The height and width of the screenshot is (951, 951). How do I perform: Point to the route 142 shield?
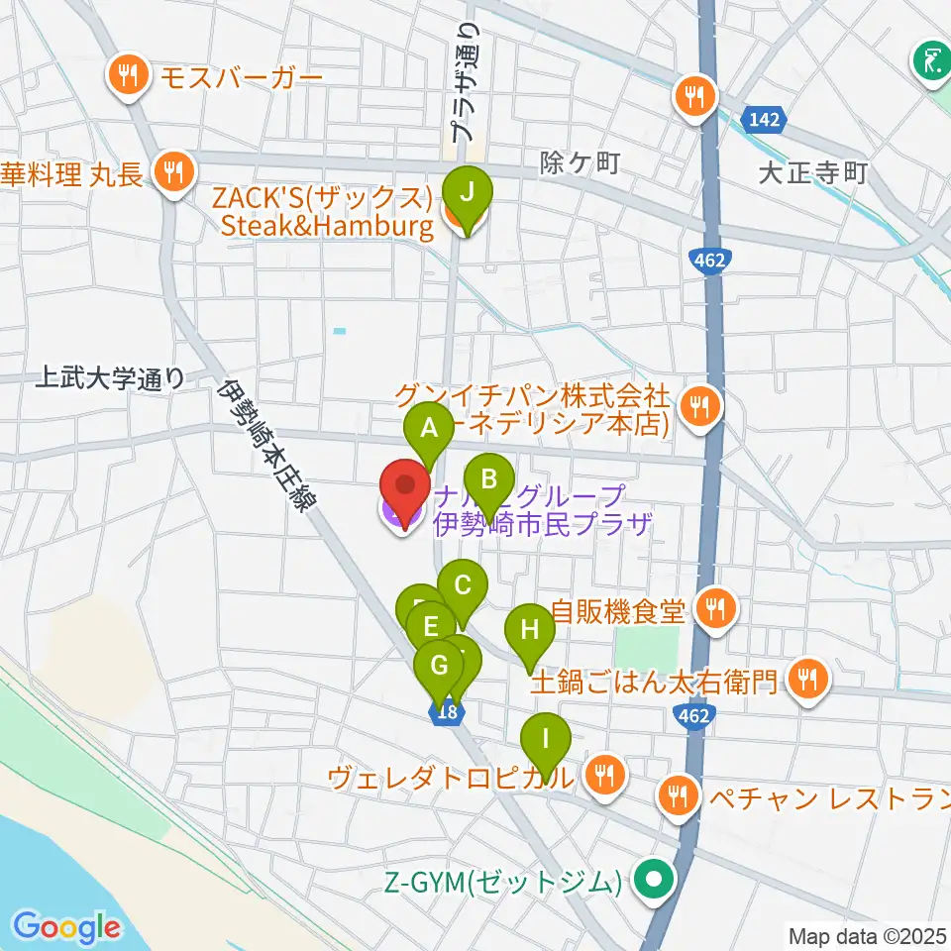[765, 120]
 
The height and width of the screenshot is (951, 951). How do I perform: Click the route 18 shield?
[447, 711]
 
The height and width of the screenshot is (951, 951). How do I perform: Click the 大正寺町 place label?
[812, 174]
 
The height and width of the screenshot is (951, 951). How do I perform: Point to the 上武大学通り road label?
[109, 377]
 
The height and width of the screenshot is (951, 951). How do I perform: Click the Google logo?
[66, 926]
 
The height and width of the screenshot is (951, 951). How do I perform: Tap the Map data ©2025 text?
[868, 935]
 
